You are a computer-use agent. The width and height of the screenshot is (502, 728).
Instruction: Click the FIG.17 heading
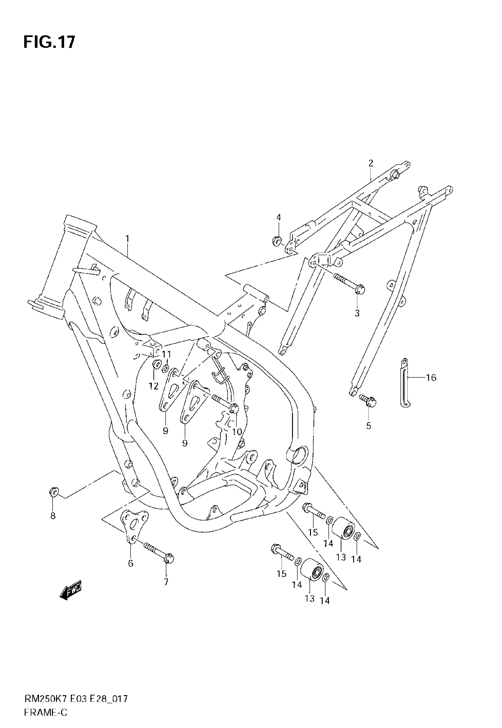(49, 42)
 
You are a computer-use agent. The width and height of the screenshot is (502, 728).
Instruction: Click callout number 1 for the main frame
(127, 239)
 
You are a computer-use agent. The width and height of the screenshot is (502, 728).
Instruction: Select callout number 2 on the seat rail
(371, 163)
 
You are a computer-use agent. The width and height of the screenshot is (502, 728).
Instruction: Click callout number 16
(431, 377)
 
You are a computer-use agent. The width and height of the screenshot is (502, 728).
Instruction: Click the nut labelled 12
(156, 364)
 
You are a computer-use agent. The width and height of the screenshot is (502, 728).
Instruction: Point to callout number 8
(53, 516)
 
